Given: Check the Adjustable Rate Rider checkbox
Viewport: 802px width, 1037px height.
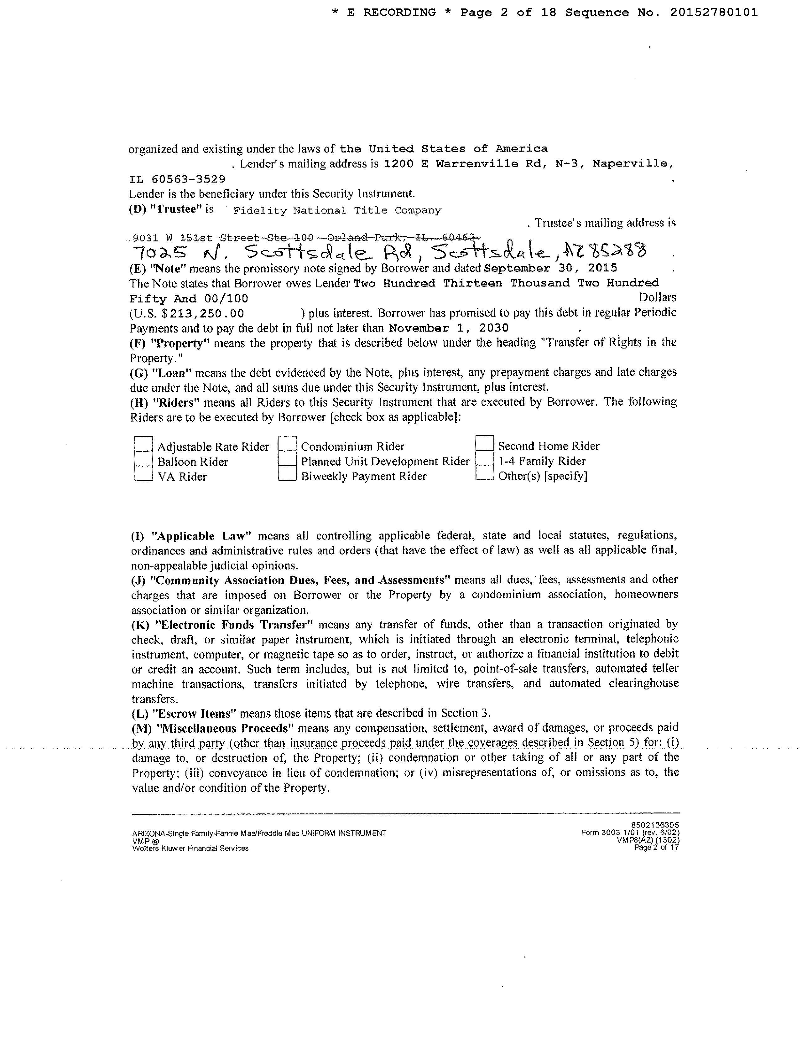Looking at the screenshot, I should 143,445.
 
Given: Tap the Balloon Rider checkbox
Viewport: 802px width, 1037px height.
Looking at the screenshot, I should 143,460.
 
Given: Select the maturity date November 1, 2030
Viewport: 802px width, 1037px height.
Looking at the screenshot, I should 449,328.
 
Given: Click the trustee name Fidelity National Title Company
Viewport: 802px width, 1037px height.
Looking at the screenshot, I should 337,210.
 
